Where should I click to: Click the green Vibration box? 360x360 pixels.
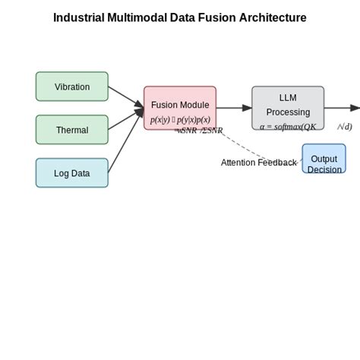[x=72, y=87]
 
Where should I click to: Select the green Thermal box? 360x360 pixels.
[x=72, y=130]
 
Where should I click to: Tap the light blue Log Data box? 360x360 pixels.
[x=72, y=173]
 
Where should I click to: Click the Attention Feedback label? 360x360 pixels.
[x=258, y=163]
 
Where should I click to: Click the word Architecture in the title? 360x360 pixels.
[x=273, y=17]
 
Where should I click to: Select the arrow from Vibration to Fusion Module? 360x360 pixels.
[x=125, y=96]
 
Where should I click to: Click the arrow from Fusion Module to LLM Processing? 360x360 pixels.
[x=234, y=108]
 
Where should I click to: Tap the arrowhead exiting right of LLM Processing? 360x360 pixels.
[x=355, y=108]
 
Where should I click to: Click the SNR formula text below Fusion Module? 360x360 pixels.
[x=199, y=131]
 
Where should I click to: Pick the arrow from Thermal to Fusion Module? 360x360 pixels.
[x=125, y=119]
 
